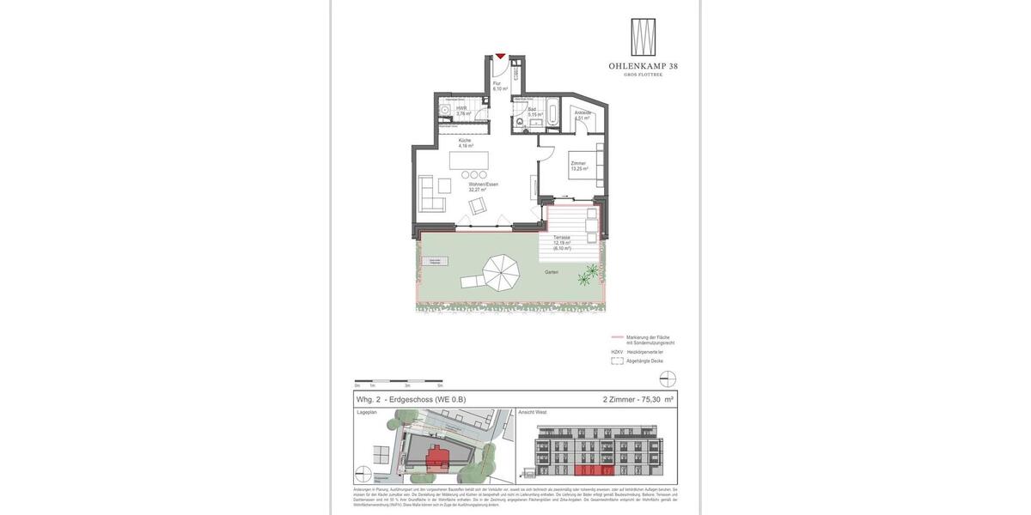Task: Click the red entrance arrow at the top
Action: [500, 57]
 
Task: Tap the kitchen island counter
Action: [468, 161]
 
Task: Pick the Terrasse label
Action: [561, 238]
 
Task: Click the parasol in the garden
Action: [501, 273]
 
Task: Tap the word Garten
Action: [551, 272]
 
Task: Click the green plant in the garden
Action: [589, 275]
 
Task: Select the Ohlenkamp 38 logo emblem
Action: [643, 38]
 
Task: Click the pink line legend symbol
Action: [617, 337]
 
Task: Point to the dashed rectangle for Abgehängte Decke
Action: [617, 361]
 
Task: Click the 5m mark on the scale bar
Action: [440, 381]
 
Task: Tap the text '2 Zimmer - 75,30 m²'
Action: [638, 399]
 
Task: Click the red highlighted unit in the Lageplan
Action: [436, 456]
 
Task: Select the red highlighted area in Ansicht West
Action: [595, 470]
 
